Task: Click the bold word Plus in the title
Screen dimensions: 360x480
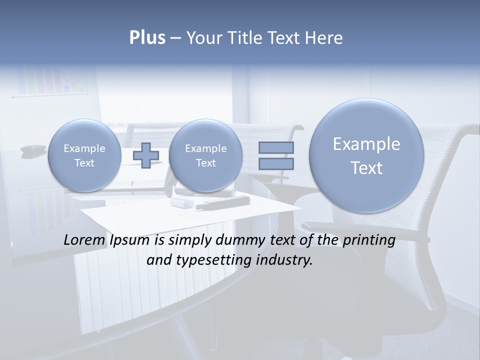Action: coord(147,38)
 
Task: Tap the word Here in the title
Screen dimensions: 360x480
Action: coord(324,38)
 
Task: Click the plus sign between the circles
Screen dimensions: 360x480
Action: coord(146,155)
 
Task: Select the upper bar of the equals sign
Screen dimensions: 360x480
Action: coord(276,147)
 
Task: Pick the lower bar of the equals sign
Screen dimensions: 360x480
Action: coord(276,164)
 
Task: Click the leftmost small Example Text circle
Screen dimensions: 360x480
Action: coord(84,155)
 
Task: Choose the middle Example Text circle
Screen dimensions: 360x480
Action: coord(205,155)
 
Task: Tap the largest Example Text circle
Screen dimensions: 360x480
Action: coord(366,155)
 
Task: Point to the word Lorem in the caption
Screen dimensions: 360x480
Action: coord(84,240)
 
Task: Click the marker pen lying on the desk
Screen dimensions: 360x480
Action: coord(222,203)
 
